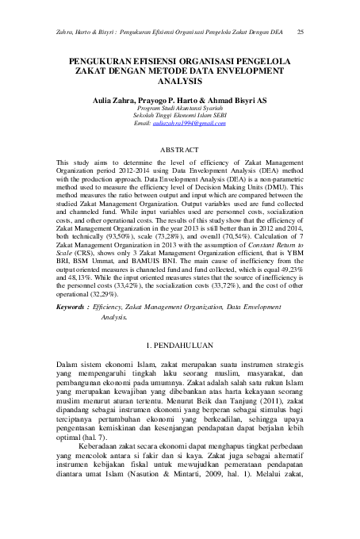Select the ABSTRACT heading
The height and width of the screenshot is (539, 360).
click(180, 149)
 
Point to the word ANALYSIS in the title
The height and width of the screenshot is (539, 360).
click(180, 81)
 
